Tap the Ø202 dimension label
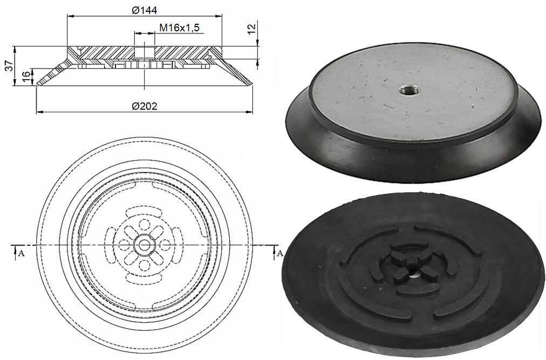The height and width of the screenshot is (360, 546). [144, 106]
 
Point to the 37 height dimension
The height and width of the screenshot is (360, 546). [9, 66]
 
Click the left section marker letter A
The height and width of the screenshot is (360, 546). [21, 253]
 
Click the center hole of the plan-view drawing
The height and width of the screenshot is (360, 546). [144, 245]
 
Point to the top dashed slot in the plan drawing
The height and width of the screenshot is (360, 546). [144, 209]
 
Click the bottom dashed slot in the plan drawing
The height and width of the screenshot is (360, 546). [144, 281]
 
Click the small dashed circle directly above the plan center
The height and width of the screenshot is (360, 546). [144, 224]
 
